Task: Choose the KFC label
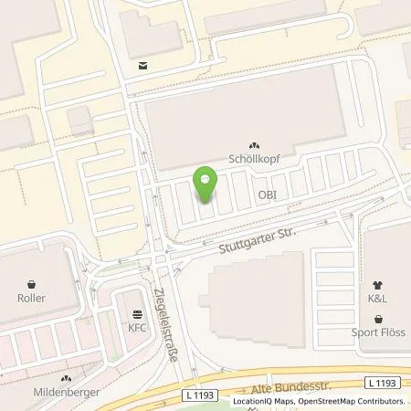point(137,326)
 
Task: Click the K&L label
point(377,297)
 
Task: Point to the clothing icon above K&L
point(377,282)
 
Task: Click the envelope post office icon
point(142,65)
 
